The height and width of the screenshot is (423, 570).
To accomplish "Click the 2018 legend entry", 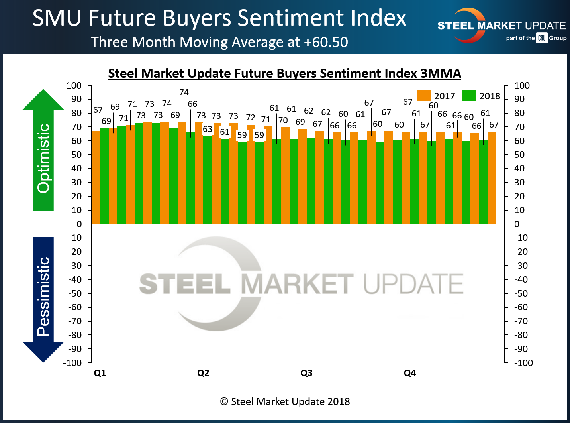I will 481,96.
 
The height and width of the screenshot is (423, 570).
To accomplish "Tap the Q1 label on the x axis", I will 100,373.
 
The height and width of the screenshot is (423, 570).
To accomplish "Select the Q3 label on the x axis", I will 306,373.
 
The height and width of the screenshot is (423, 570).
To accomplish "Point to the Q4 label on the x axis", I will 410,373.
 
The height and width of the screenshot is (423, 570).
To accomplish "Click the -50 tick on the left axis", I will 75,293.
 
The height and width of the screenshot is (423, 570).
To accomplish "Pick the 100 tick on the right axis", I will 522,85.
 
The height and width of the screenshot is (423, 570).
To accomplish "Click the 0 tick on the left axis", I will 79,224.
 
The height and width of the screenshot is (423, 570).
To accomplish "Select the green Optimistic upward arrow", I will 43,151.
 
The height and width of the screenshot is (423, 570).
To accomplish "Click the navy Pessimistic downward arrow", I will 43,299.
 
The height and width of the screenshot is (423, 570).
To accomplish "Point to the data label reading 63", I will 208,129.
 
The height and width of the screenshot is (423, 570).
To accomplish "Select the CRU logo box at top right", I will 542,38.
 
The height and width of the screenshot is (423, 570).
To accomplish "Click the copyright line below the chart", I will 285,401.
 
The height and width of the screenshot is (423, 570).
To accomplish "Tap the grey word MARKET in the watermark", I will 297,284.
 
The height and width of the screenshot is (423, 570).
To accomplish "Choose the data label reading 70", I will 283,120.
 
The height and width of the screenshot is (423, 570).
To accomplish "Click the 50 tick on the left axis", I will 76,155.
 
